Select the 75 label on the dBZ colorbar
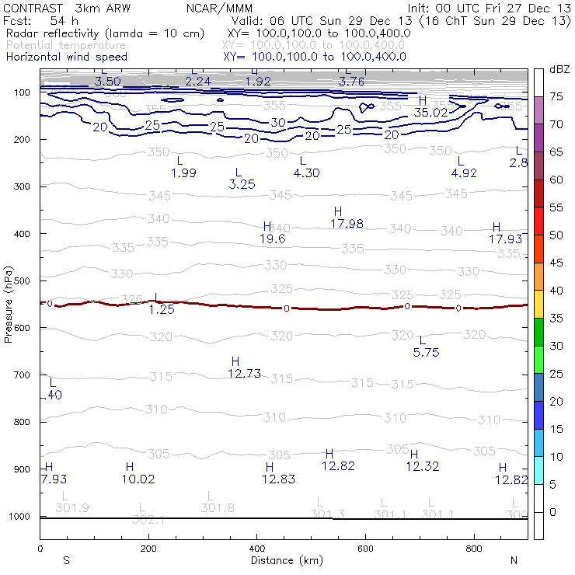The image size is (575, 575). coord(556,96)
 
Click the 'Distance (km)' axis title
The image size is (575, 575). coord(284,559)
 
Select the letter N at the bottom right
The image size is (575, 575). coord(514,559)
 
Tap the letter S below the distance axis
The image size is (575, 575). coord(67,559)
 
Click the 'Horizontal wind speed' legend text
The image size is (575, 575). coord(67,57)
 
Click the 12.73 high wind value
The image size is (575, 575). coord(244,374)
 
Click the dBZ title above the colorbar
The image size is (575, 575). coord(559,69)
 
